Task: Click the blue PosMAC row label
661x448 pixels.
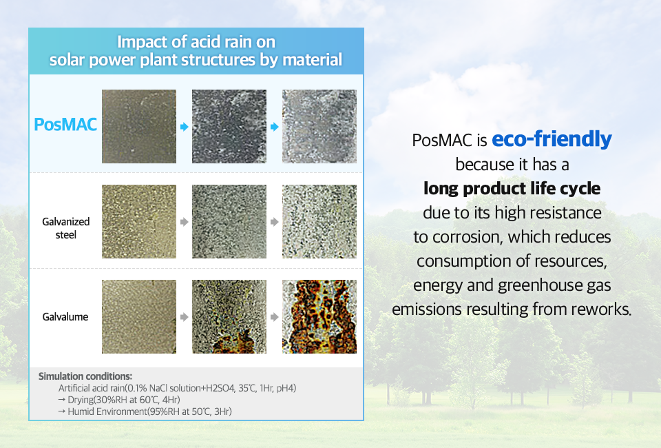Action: pos(65,125)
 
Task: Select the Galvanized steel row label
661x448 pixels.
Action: pos(66,228)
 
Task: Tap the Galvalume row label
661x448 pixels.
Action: pos(65,317)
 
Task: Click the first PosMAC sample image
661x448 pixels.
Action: pos(139,126)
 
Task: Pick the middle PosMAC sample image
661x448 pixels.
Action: pos(229,126)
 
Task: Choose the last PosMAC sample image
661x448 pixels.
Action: pos(319,126)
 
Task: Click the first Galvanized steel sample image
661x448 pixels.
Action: pos(139,221)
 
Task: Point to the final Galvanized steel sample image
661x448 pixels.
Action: pos(319,221)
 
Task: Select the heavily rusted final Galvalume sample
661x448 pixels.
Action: pos(319,316)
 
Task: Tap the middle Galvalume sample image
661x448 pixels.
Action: pos(229,316)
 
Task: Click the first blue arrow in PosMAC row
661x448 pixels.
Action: pos(185,127)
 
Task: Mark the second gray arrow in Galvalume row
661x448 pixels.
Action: pos(275,317)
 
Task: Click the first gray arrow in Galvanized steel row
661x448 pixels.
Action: pos(185,222)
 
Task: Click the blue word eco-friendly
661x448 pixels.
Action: pos(552,139)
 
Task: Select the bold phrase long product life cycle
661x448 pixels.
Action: pos(512,189)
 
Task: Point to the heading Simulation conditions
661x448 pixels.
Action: pos(85,376)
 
